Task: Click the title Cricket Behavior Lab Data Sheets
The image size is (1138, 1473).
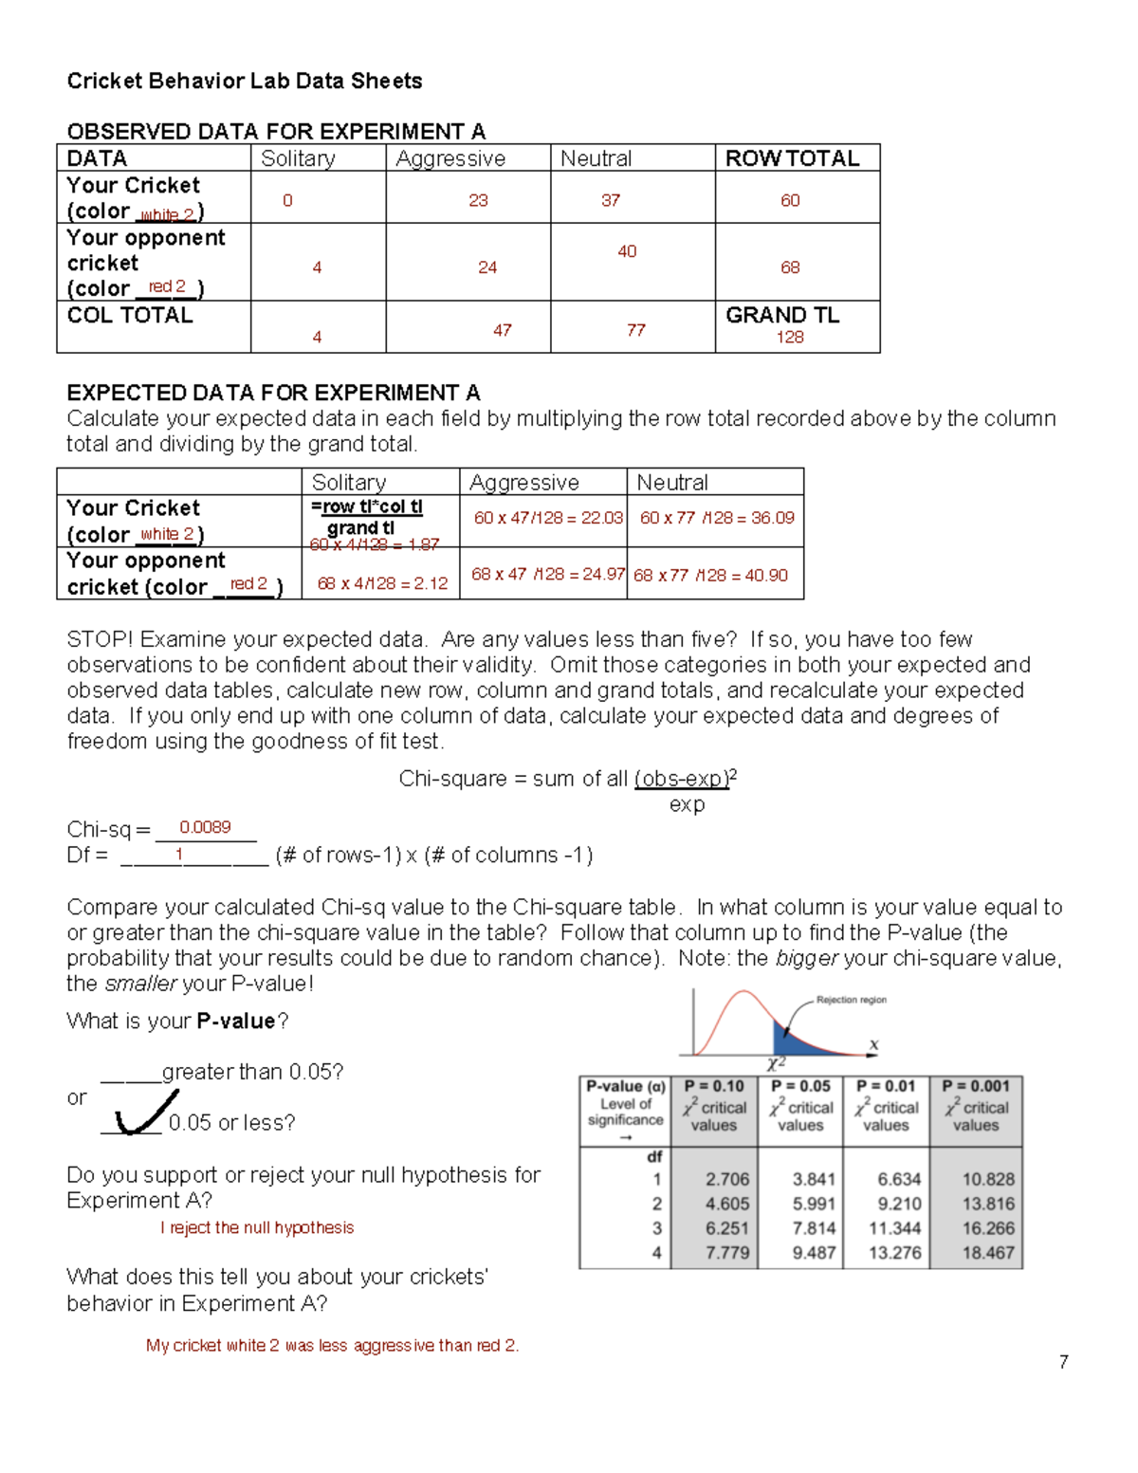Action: [245, 82]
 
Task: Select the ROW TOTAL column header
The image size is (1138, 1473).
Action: [792, 158]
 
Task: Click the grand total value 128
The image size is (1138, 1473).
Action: [790, 338]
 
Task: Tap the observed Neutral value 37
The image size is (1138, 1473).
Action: [611, 201]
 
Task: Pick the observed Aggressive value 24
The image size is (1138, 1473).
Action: [487, 267]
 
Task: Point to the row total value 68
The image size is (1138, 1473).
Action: [790, 267]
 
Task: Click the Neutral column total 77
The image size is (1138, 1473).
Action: [635, 330]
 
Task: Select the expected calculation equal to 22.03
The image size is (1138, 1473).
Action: [548, 518]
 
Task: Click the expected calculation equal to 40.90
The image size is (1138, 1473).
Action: [710, 576]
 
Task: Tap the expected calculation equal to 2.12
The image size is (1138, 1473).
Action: [382, 583]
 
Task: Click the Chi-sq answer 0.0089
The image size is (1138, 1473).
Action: [205, 828]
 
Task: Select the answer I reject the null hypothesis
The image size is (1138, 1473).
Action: [257, 1228]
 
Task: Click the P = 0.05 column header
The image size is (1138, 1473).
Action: [800, 1087]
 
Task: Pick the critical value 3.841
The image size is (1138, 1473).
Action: [814, 1180]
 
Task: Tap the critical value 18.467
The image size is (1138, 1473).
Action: [987, 1253]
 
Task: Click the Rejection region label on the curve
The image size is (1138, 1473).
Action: [851, 1000]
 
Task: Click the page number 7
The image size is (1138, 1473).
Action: [1063, 1363]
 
